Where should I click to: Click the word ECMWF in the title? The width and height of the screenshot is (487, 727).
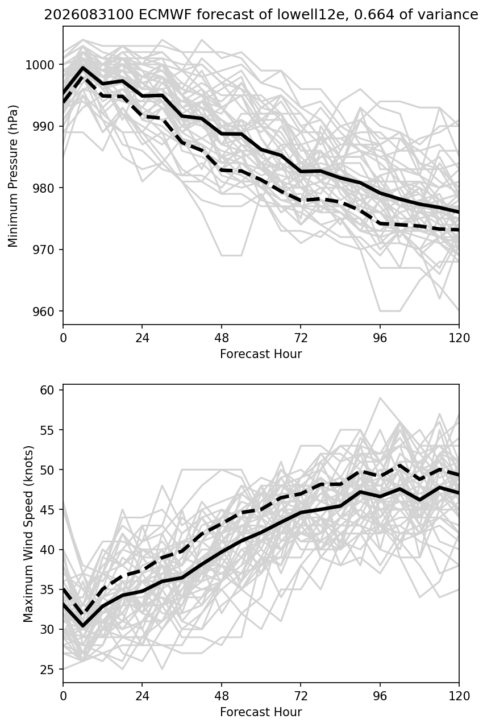click(x=165, y=15)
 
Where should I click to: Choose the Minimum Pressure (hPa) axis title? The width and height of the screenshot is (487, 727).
click(x=13, y=176)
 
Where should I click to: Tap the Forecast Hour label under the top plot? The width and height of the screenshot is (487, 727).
click(x=261, y=354)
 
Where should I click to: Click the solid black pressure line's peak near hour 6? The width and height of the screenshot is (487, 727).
click(x=83, y=68)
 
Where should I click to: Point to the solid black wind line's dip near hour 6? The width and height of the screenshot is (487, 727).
click(x=83, y=626)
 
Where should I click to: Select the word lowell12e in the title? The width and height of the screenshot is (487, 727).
click(x=311, y=15)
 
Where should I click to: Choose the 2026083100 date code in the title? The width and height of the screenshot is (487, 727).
click(x=89, y=15)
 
